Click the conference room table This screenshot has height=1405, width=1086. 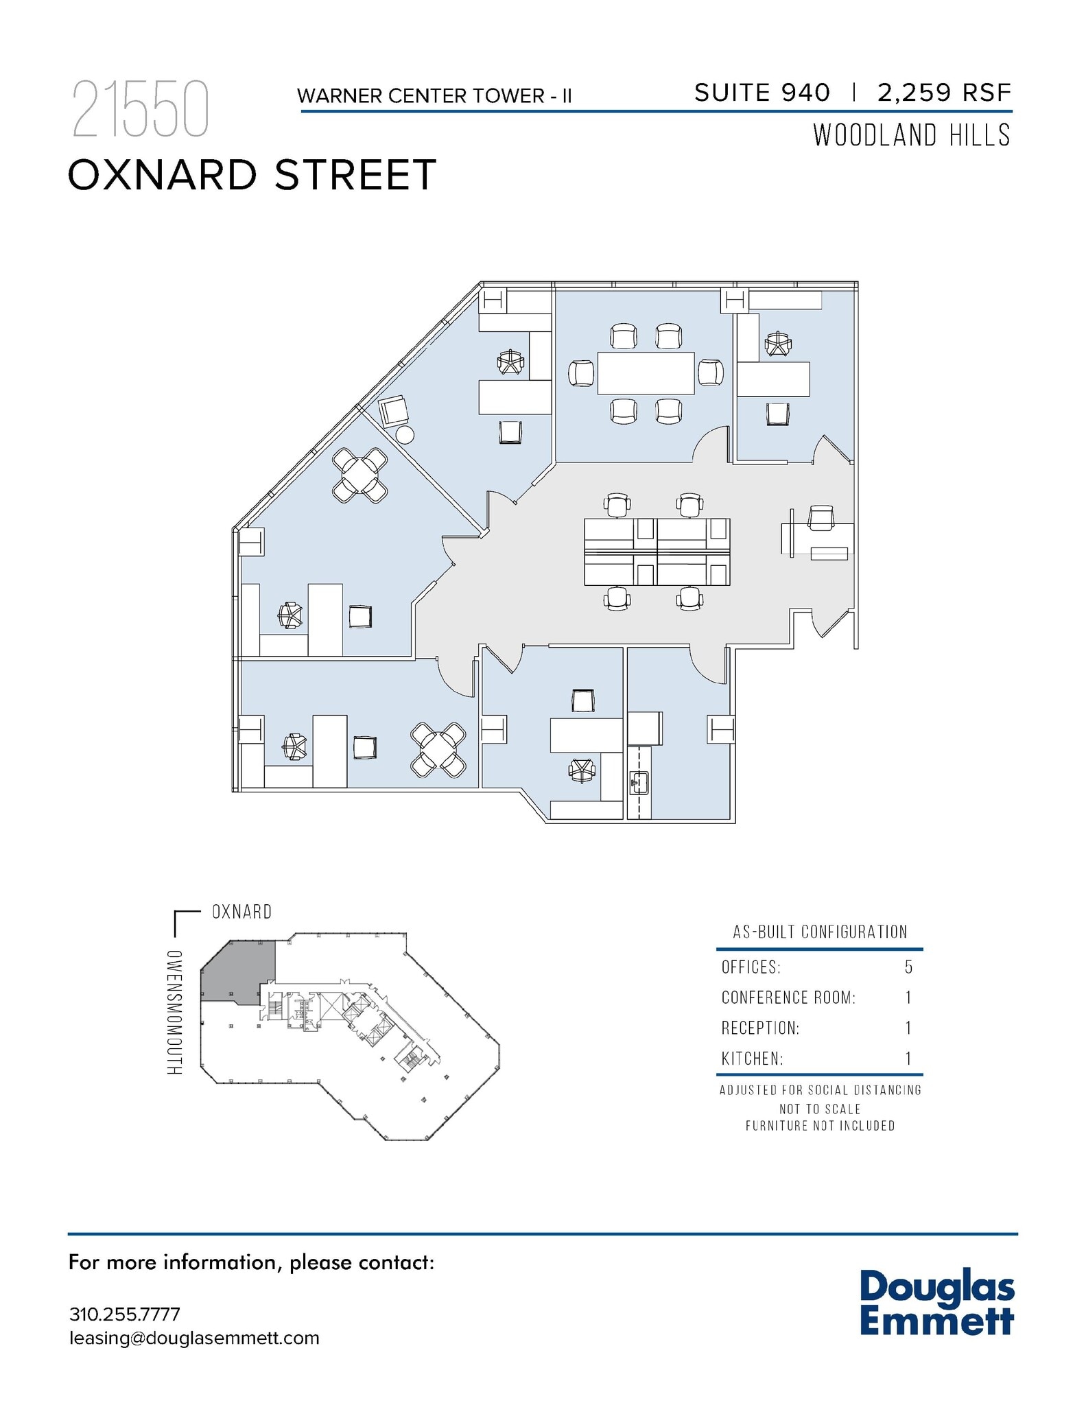[646, 373]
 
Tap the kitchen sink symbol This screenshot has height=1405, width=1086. [639, 782]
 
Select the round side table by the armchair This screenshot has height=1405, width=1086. [405, 434]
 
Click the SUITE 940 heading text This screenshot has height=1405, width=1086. [762, 93]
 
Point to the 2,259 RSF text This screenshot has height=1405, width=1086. [944, 93]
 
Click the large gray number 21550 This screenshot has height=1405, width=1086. [140, 110]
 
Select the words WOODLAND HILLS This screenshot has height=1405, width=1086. [912, 135]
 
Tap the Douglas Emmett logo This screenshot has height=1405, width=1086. [936, 1303]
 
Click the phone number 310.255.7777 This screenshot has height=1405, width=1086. [125, 1314]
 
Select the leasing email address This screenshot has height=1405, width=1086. [194, 1338]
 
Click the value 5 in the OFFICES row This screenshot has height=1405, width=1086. [908, 967]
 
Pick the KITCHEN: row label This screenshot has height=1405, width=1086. [752, 1059]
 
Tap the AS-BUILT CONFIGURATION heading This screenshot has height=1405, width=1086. [820, 932]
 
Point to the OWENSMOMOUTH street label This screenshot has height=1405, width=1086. [175, 1013]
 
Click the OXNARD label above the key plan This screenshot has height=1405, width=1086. [241, 912]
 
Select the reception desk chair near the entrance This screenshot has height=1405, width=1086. [821, 517]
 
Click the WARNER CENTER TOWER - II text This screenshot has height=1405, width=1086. [434, 96]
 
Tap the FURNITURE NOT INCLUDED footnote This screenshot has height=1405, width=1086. [820, 1126]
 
